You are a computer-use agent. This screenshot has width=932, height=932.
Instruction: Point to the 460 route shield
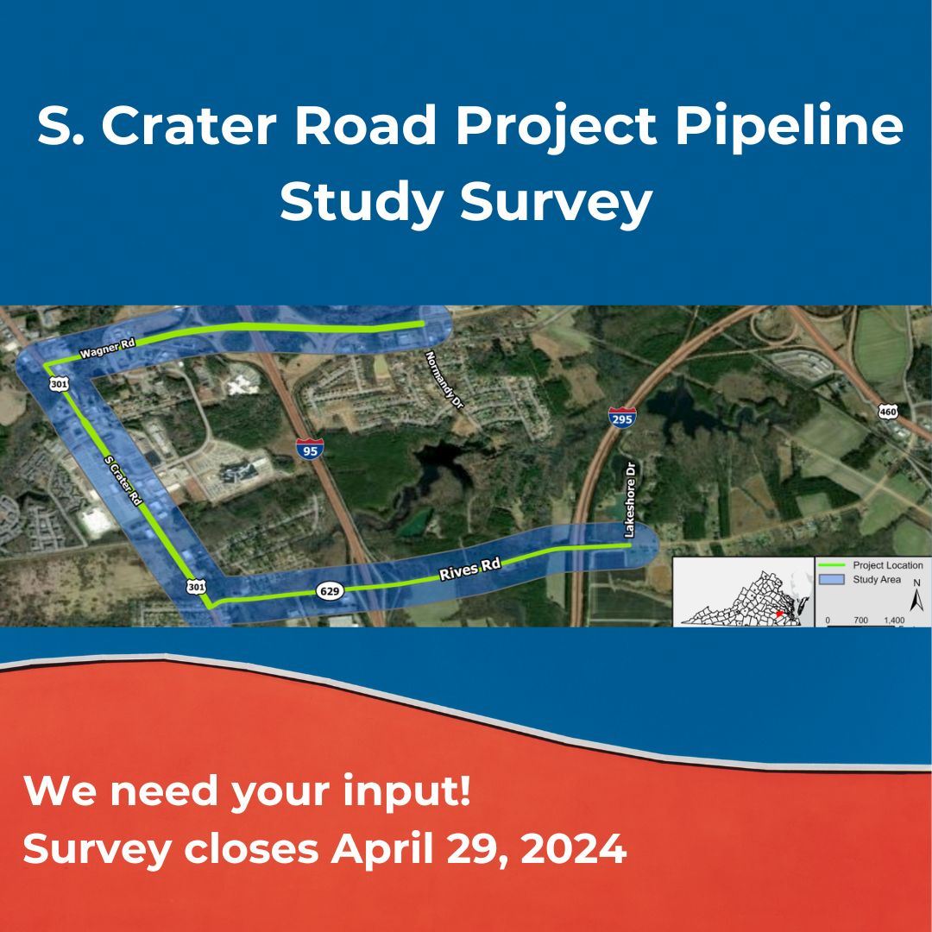tap(888, 412)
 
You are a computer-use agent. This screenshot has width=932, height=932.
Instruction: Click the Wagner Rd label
tap(107, 349)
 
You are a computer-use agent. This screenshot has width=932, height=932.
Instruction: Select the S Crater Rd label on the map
tap(122, 481)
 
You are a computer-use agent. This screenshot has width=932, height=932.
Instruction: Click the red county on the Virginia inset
tap(778, 614)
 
